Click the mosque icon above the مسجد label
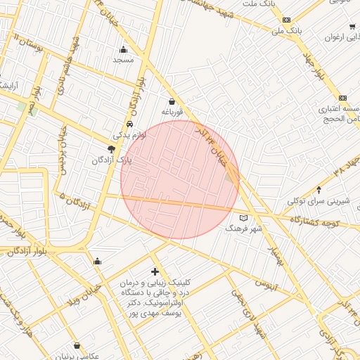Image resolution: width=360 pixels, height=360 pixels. [124, 49]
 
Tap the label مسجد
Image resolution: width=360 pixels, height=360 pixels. [124, 60]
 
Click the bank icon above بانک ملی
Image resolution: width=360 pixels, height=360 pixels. [286, 20]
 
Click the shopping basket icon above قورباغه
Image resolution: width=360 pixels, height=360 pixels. [172, 101]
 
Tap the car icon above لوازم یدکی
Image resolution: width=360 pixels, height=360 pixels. [129, 124]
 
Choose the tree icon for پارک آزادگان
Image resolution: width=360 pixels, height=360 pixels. [111, 148]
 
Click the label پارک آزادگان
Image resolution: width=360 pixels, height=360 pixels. [111, 160]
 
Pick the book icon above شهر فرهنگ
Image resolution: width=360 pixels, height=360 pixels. [244, 217]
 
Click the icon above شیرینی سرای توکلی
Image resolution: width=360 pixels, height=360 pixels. [319, 189]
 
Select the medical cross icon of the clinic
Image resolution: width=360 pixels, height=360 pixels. [155, 271]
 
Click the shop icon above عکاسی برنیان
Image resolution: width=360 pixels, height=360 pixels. [77, 345]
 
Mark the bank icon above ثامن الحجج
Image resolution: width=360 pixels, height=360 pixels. [342, 98]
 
